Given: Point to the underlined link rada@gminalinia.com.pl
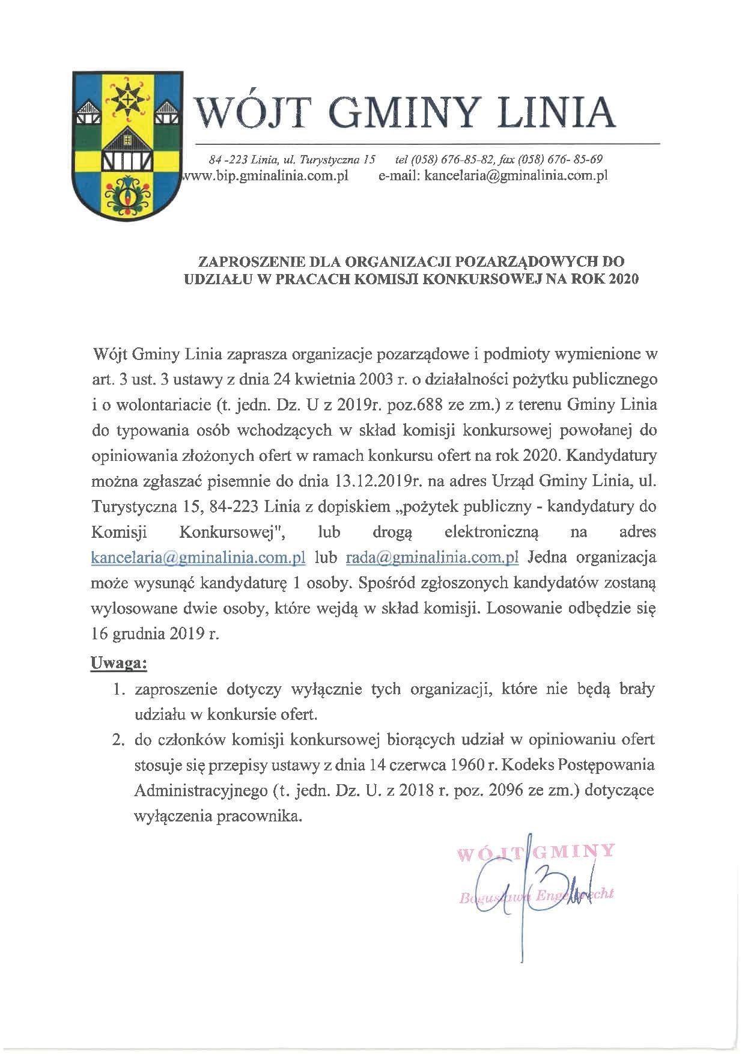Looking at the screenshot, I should pyautogui.click(x=432, y=557).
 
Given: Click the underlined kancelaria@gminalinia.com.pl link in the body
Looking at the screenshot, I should pyautogui.click(x=199, y=557).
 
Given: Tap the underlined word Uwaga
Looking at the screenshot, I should pyautogui.click(x=118, y=663).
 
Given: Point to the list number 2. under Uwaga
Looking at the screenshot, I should pyautogui.click(x=118, y=740).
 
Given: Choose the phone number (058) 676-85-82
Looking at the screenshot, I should pyautogui.click(x=445, y=160).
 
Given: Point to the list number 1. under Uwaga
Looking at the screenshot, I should pyautogui.click(x=118, y=689).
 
